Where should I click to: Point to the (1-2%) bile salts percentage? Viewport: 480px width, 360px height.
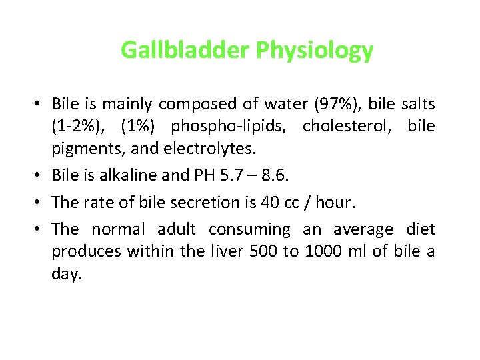click(x=75, y=126)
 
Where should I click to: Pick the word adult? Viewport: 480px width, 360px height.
click(x=176, y=230)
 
